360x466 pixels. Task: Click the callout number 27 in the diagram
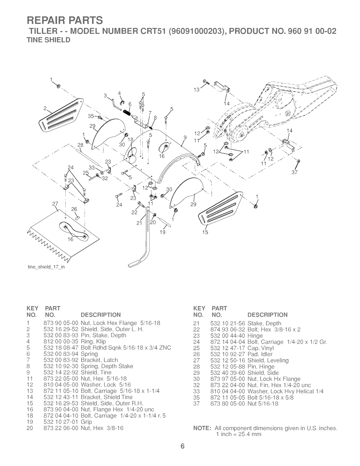coord(55,204)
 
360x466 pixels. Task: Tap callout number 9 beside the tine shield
coord(185,138)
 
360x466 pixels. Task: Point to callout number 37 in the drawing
coord(295,172)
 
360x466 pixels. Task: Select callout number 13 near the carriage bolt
coord(197,90)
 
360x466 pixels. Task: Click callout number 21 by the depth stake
coord(139,223)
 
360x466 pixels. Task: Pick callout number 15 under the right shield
coord(205,232)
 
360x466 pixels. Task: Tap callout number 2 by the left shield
coord(45,109)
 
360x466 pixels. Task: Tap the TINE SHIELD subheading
coord(49,40)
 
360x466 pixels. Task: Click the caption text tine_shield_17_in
coord(46,267)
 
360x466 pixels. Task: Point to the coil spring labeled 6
coord(127,112)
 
